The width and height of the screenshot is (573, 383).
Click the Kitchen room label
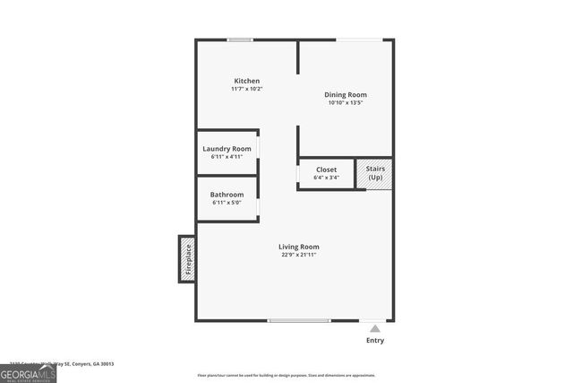[x=246, y=81]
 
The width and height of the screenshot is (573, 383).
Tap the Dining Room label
[x=346, y=94]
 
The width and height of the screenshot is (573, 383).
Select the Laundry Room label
[x=227, y=148]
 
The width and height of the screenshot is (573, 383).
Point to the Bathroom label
[x=227, y=195]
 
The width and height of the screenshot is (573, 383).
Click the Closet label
[x=326, y=169]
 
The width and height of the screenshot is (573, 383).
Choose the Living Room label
[x=298, y=247]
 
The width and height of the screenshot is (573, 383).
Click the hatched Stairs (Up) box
[x=374, y=174]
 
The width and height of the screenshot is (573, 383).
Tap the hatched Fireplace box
[x=187, y=258]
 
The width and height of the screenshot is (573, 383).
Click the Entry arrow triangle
[x=375, y=329]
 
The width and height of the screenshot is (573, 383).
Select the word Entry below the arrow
[x=375, y=341]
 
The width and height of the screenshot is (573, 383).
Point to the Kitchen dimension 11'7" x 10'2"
[x=246, y=89]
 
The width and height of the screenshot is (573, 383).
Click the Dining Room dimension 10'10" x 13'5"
[x=346, y=102]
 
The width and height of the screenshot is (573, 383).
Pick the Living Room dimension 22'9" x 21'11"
[x=298, y=255]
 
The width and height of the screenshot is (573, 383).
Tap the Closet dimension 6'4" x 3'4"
[x=326, y=177]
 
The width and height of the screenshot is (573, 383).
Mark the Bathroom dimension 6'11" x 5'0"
[x=227, y=203]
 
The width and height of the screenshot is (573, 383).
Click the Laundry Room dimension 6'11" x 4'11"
[x=227, y=156]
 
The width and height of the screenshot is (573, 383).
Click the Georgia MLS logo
[x=28, y=374]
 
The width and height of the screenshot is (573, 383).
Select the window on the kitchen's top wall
[x=239, y=39]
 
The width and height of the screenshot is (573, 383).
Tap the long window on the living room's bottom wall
[x=299, y=320]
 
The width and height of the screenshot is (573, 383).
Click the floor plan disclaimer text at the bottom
[x=286, y=375]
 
